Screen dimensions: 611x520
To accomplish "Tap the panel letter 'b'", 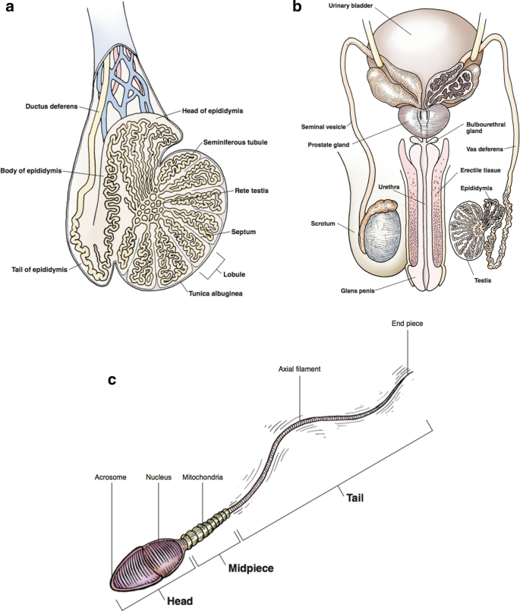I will [298, 8].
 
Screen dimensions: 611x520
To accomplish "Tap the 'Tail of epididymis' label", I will [38, 268].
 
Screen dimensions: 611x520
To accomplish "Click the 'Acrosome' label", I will [110, 477].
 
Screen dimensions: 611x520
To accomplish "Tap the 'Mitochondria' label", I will [202, 477].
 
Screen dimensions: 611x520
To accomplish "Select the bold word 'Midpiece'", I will [246, 567].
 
